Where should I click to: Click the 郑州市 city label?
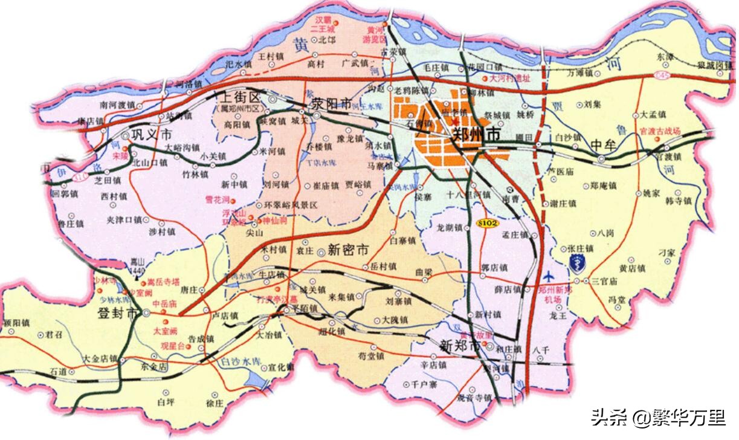[x=477, y=136]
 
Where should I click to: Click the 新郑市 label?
[x=460, y=347]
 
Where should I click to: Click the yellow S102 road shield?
[x=489, y=222]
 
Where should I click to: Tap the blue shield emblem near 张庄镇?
[x=577, y=263]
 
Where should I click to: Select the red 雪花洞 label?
[x=217, y=199]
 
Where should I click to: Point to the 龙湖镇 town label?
[x=449, y=228]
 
